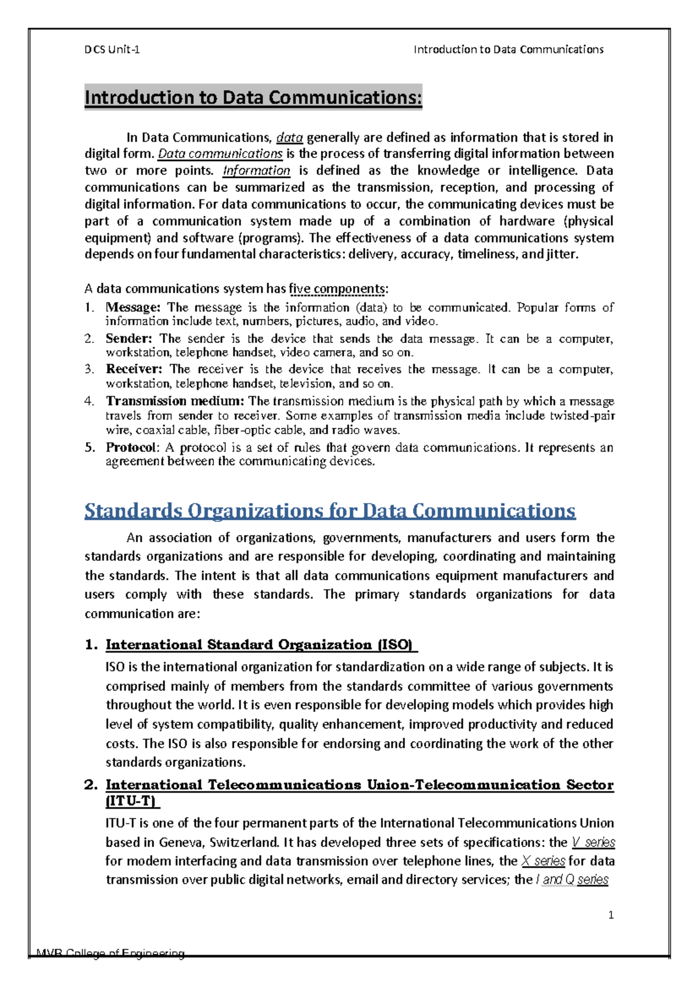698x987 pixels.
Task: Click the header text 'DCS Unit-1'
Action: (x=112, y=49)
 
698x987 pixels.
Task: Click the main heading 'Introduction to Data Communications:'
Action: (x=253, y=97)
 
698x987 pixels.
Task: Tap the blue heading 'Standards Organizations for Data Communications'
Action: (x=330, y=510)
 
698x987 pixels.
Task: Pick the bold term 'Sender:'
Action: (x=129, y=338)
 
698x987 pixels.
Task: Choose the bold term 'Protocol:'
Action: (x=131, y=447)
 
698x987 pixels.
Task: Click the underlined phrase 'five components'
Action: (x=337, y=288)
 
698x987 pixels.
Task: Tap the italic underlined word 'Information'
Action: (x=257, y=170)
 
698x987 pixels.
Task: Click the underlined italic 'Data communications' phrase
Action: (x=220, y=153)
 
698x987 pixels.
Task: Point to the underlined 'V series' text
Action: (x=593, y=842)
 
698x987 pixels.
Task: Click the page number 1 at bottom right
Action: (x=611, y=916)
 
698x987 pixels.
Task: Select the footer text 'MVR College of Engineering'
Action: (x=111, y=953)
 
